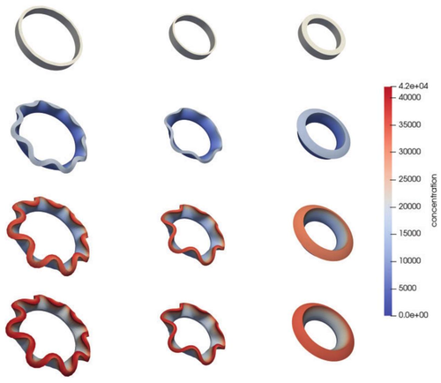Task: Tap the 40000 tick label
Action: point(409,97)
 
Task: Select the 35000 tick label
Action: point(409,124)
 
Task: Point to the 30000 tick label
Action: point(409,152)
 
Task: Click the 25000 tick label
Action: point(409,179)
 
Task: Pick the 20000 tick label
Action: point(409,207)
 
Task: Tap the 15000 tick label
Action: point(409,234)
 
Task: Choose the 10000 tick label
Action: point(409,260)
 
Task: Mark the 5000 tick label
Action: point(407,288)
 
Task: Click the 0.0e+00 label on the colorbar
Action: point(413,315)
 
